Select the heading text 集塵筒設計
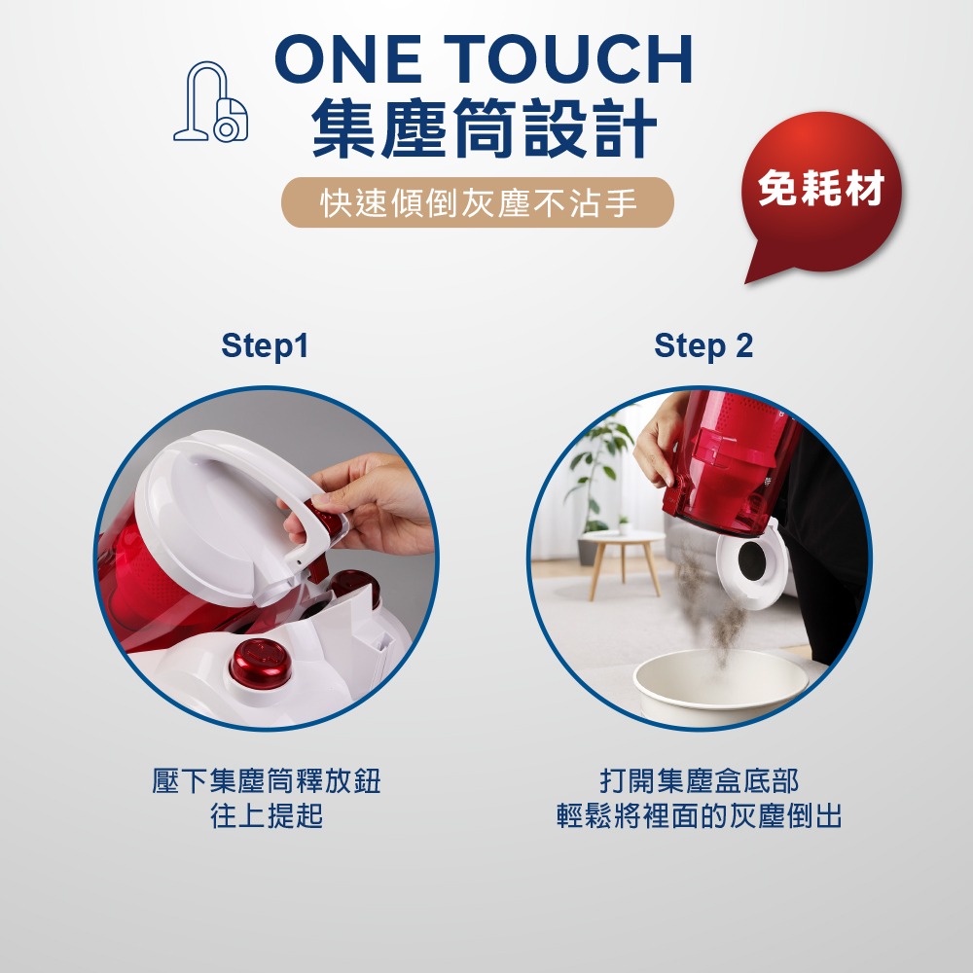coord(484,131)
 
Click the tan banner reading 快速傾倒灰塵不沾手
coord(478,203)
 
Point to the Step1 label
coord(265,345)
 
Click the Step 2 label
coord(703,345)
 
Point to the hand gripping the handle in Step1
coord(375,506)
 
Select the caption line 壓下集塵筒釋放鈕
coord(266,782)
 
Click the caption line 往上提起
coord(266,816)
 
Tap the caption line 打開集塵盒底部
coord(700,782)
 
